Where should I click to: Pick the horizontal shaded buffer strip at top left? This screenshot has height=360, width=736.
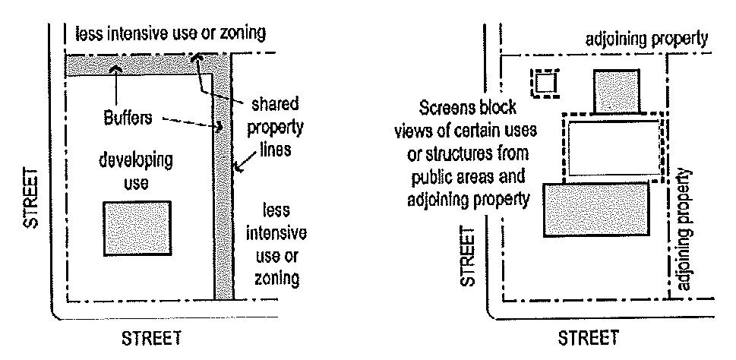(137, 65)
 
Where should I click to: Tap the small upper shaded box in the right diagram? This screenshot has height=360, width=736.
(616, 91)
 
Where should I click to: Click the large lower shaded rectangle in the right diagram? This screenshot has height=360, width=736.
(597, 208)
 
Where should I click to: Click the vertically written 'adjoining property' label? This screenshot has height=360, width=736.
(687, 231)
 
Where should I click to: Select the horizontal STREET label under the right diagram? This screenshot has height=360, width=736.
(589, 337)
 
